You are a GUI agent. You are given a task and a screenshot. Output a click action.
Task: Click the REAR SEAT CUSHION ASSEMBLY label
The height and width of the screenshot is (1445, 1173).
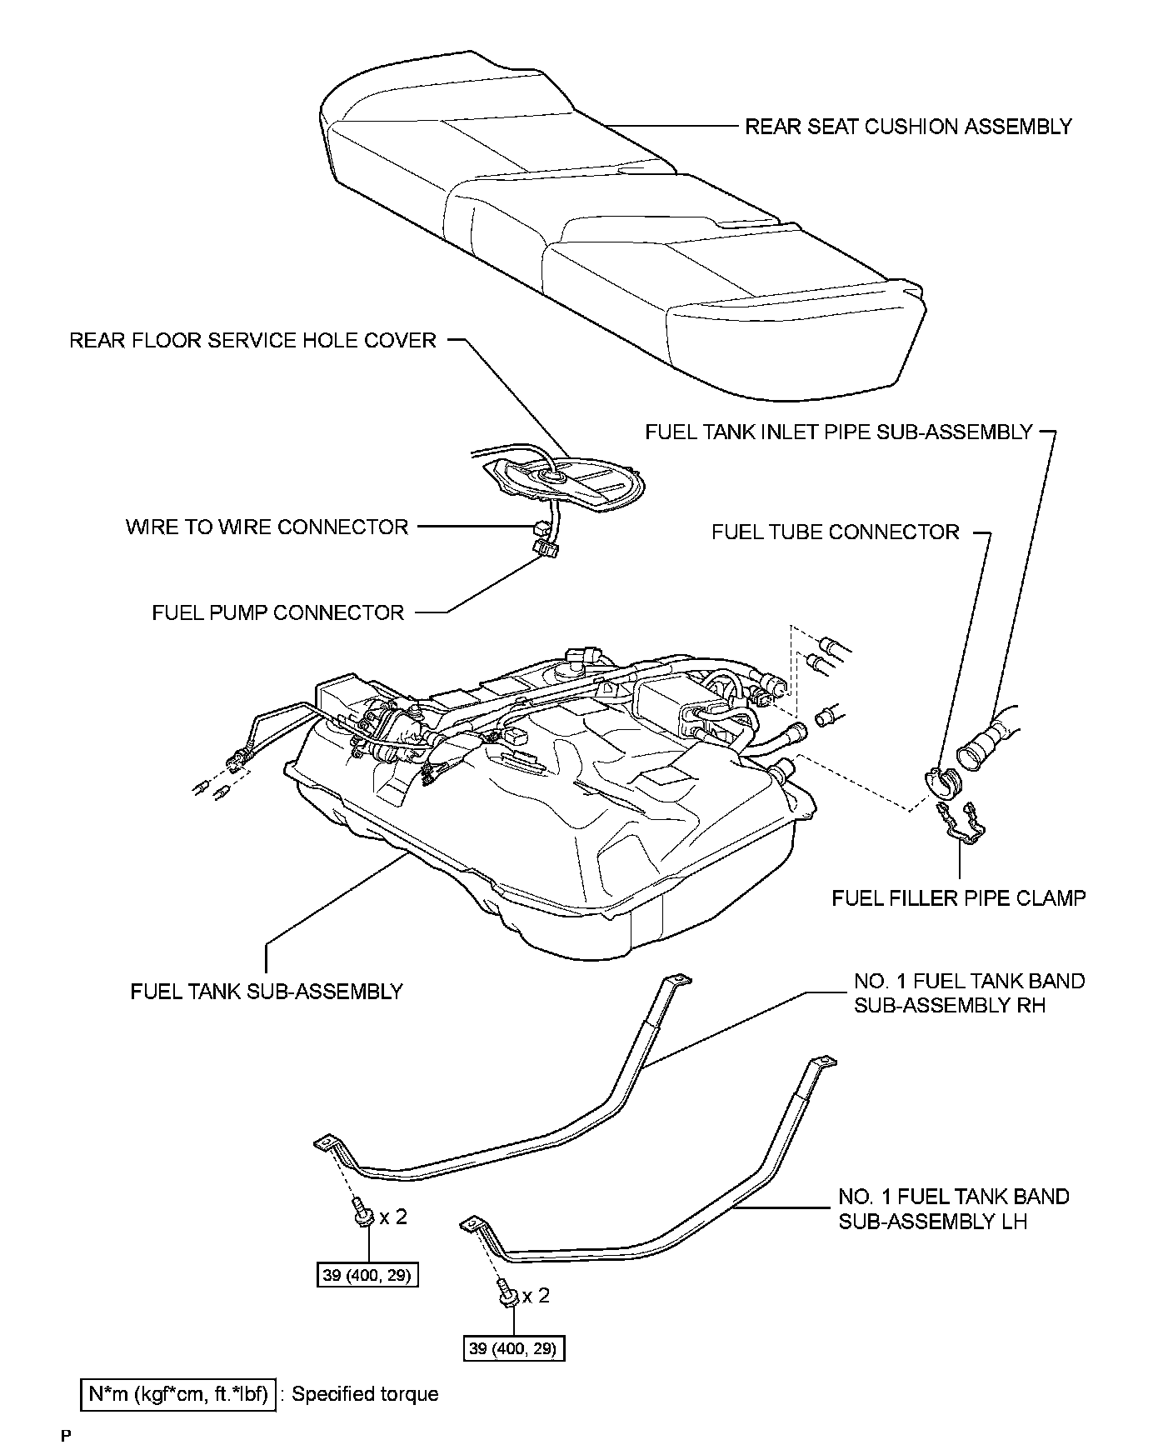tap(907, 127)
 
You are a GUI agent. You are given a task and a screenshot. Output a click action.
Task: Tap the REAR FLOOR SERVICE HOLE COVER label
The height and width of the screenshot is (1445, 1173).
tap(252, 340)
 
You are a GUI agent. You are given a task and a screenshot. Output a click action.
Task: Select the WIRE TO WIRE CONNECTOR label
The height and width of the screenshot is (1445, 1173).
tap(267, 527)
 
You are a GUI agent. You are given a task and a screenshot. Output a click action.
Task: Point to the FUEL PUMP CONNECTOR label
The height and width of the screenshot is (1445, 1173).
tap(277, 612)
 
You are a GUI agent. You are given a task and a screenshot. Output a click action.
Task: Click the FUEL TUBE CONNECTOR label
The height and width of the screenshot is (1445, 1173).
tap(835, 532)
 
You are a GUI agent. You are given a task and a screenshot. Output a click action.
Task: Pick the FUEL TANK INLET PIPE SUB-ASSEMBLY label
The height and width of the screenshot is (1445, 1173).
tap(838, 432)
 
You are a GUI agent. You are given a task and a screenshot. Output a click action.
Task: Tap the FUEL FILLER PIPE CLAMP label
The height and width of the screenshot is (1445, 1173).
tap(959, 897)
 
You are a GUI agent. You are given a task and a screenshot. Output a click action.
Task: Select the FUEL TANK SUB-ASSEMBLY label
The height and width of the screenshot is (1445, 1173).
tap(267, 992)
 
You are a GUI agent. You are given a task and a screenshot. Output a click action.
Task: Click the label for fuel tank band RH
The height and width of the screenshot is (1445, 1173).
tap(969, 992)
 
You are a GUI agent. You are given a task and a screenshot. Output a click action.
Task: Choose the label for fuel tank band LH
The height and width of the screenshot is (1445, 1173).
tap(953, 1208)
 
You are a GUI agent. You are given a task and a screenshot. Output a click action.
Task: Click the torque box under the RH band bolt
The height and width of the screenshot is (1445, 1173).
tap(367, 1275)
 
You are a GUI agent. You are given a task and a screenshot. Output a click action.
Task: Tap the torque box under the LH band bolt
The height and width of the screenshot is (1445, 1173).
tap(513, 1348)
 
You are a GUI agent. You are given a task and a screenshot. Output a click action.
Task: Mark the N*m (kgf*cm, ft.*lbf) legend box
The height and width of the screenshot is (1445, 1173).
tap(178, 1394)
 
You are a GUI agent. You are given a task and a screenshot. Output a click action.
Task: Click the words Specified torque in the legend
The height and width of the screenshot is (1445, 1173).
tap(365, 1394)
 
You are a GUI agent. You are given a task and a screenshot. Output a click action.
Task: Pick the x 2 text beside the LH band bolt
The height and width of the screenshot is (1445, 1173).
tap(536, 1296)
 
